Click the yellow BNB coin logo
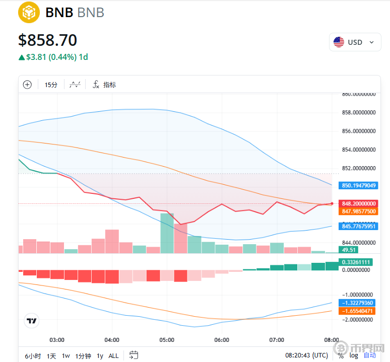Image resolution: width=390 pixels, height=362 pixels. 29,12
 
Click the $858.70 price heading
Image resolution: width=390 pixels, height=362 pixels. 48,40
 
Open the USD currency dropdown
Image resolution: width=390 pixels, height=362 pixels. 355,42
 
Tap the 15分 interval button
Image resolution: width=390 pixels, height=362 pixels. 51,85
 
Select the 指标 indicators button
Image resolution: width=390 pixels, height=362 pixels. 104,85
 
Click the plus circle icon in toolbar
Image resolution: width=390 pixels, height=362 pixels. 27,85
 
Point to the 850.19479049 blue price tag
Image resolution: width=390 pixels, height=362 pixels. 359,185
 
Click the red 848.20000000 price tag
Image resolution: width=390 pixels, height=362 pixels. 359,203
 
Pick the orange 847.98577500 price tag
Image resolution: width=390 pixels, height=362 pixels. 359,211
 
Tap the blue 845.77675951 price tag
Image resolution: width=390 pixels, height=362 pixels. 359,227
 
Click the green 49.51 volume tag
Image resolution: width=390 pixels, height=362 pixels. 349,249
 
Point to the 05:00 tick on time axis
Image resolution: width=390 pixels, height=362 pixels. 167,340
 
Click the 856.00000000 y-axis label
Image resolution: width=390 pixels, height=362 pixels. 359,131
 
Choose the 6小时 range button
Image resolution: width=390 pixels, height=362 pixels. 32,356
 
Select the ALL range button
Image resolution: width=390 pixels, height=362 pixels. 114,356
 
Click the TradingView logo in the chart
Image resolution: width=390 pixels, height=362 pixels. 32,320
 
